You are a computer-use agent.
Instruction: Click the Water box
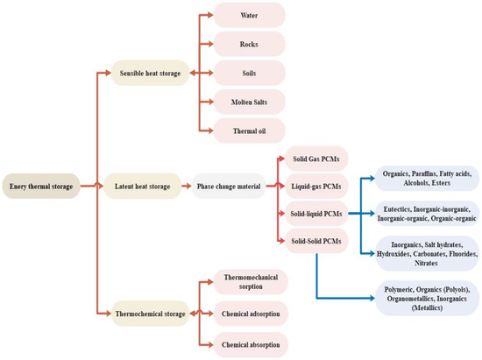pos(249,15)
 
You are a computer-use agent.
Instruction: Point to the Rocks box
pos(249,44)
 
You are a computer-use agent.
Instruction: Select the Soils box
pos(249,73)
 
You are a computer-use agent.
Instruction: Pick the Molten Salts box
pos(249,102)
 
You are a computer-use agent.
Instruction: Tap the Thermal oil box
pos(249,131)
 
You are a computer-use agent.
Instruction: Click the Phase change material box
pos(230,186)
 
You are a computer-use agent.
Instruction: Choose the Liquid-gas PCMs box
pos(313,186)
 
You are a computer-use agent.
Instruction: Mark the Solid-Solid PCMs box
pos(313,240)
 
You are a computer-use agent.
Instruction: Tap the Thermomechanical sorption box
pos(249,281)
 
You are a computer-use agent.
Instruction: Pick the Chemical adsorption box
pos(249,311)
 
